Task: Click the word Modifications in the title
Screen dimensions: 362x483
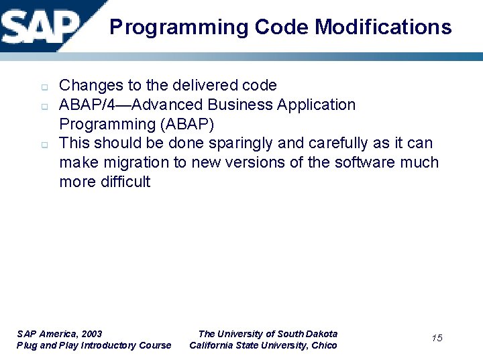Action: coord(383,27)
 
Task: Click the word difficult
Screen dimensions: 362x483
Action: coord(125,182)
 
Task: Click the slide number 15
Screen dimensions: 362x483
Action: coord(437,338)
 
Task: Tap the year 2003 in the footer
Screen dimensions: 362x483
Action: coord(91,334)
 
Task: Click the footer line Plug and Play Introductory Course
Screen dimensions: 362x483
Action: coord(94,345)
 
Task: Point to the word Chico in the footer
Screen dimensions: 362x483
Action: coord(325,345)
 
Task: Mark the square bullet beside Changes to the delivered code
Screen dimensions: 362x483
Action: coord(42,86)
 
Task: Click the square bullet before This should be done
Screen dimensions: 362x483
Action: coord(42,144)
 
